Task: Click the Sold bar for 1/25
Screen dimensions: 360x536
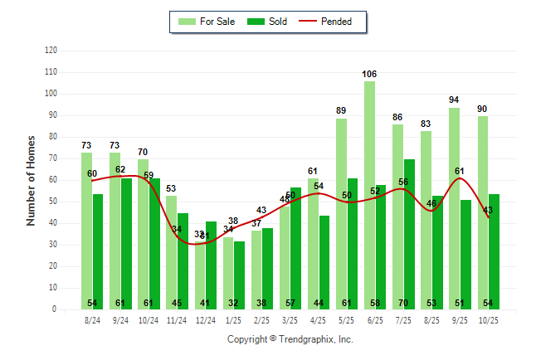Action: (240, 275)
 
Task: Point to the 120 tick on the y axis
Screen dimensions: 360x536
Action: (51, 51)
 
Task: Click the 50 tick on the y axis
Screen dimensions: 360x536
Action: (51, 202)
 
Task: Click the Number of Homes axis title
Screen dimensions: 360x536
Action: (31, 180)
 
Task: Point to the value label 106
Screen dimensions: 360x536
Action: (369, 75)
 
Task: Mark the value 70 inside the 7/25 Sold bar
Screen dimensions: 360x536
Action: (410, 303)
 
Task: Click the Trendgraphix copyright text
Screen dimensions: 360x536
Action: (290, 339)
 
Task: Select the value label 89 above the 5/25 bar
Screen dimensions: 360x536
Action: (341, 111)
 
